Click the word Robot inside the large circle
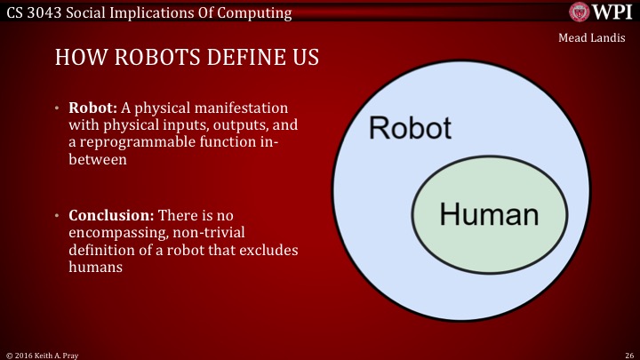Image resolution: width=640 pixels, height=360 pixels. (x=410, y=128)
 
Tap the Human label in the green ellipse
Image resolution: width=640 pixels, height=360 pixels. (x=490, y=214)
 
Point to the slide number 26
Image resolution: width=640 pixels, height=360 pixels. (x=628, y=354)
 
